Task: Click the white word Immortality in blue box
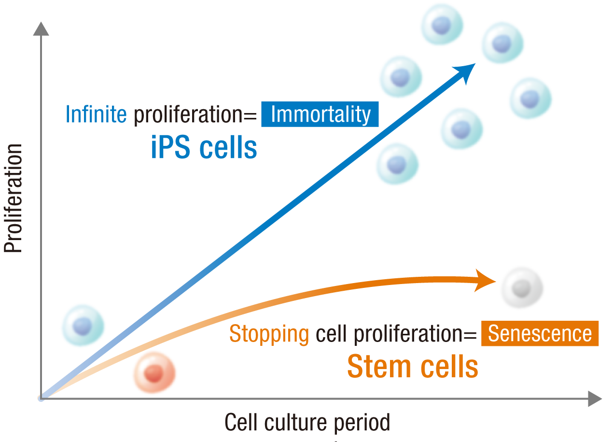tap(320, 114)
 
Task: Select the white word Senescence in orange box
tap(540, 333)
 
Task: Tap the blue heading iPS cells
tap(204, 148)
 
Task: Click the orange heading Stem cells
tap(413, 367)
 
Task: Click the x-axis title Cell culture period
tap(307, 423)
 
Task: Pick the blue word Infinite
tap(96, 114)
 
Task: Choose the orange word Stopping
tap(269, 333)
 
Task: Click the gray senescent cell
tap(522, 288)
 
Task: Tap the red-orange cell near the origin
tap(154, 372)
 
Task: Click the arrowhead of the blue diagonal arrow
tap(465, 72)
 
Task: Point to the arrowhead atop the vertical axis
tap(42, 29)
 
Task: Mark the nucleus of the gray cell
tap(521, 288)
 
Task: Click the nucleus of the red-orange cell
tap(154, 373)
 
